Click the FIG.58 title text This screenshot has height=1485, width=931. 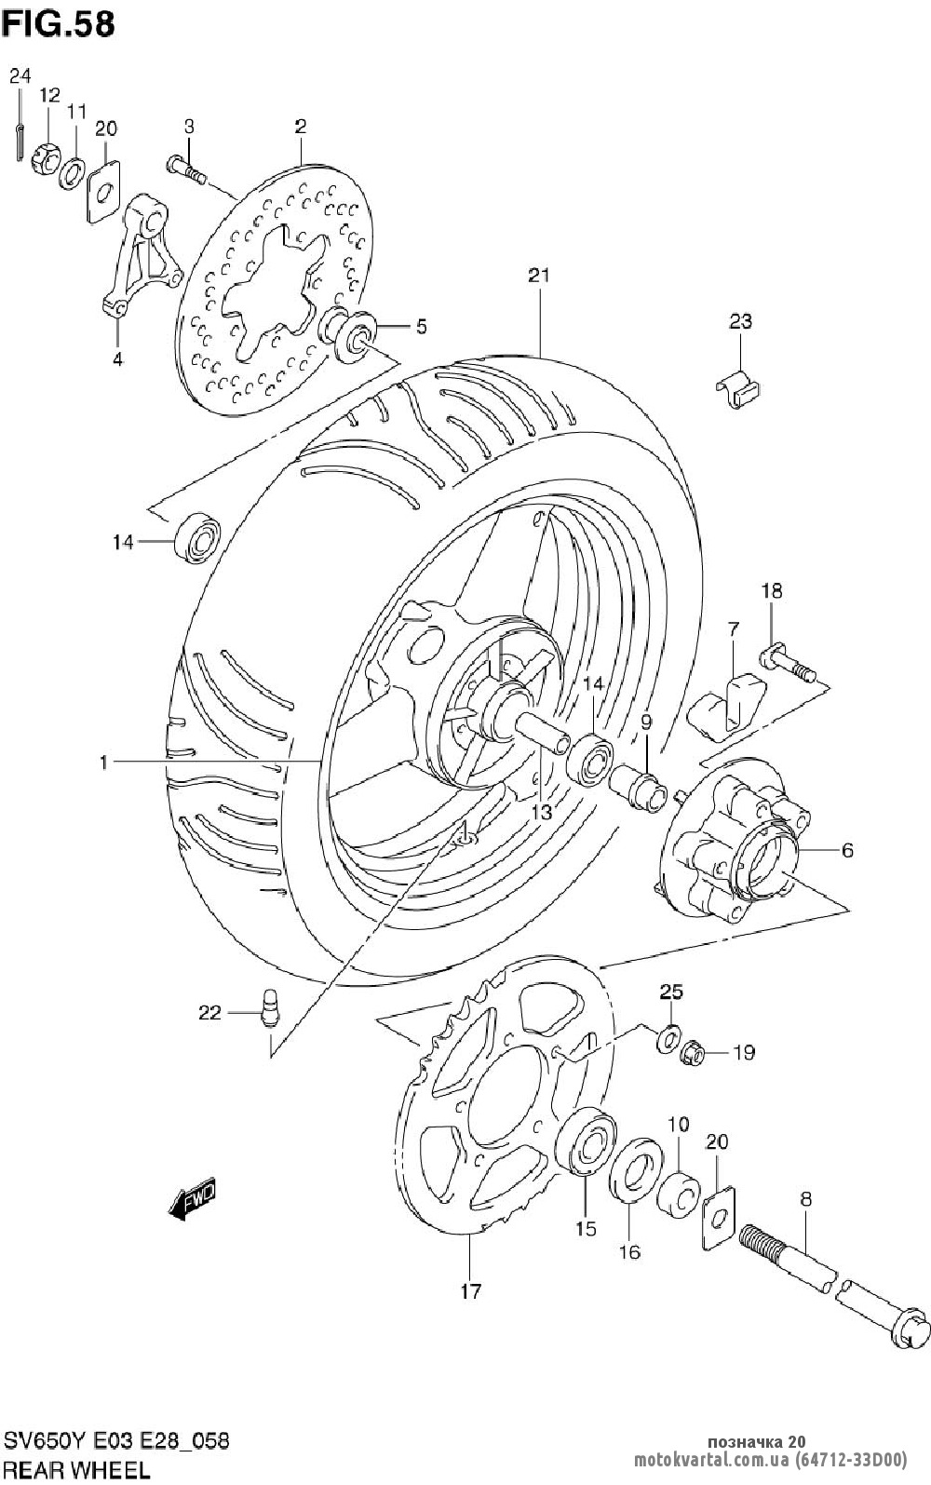(58, 24)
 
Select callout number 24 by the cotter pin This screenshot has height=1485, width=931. (20, 76)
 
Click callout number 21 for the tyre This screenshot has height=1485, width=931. (539, 275)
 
